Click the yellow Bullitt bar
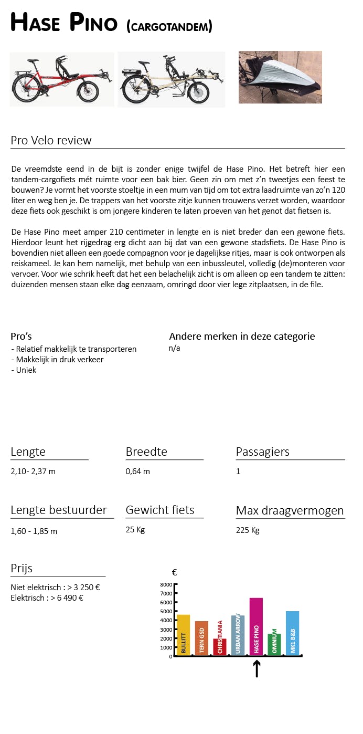[183, 635]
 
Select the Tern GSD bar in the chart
[201, 638]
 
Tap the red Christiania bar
[220, 646]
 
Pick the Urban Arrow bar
[238, 635]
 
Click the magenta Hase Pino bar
[256, 626]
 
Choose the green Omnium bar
[274, 644]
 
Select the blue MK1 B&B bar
[292, 633]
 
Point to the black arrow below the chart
[257, 668]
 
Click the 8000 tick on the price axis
[166, 584]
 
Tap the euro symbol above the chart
[174, 573]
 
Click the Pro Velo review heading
[51, 140]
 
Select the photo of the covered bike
[280, 77]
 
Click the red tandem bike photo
[61, 79]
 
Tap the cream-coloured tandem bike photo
[171, 80]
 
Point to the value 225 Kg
[248, 530]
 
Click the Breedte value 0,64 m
[137, 471]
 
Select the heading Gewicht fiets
[159, 510]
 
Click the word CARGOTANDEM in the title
[169, 26]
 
